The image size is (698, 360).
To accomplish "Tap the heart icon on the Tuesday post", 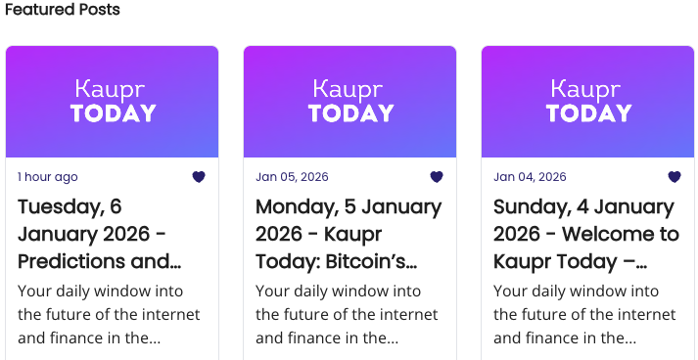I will click(x=199, y=177).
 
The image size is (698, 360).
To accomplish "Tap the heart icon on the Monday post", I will click(x=437, y=177).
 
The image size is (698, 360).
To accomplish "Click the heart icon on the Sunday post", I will click(x=675, y=177).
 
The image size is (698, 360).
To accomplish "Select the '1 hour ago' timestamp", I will click(x=48, y=177).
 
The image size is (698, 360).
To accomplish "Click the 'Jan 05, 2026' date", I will click(x=292, y=177).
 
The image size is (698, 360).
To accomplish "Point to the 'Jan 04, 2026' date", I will click(x=530, y=177).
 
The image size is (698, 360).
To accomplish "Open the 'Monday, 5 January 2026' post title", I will click(x=348, y=234).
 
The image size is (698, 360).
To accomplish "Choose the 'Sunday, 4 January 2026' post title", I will click(x=585, y=234).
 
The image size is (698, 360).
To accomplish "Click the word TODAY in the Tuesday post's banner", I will click(x=113, y=113).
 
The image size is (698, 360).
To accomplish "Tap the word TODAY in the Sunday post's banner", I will click(x=588, y=113).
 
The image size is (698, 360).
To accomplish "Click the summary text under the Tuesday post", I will click(x=108, y=314).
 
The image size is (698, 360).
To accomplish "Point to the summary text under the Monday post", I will click(x=346, y=314).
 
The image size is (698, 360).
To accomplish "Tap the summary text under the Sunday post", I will click(x=583, y=314).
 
